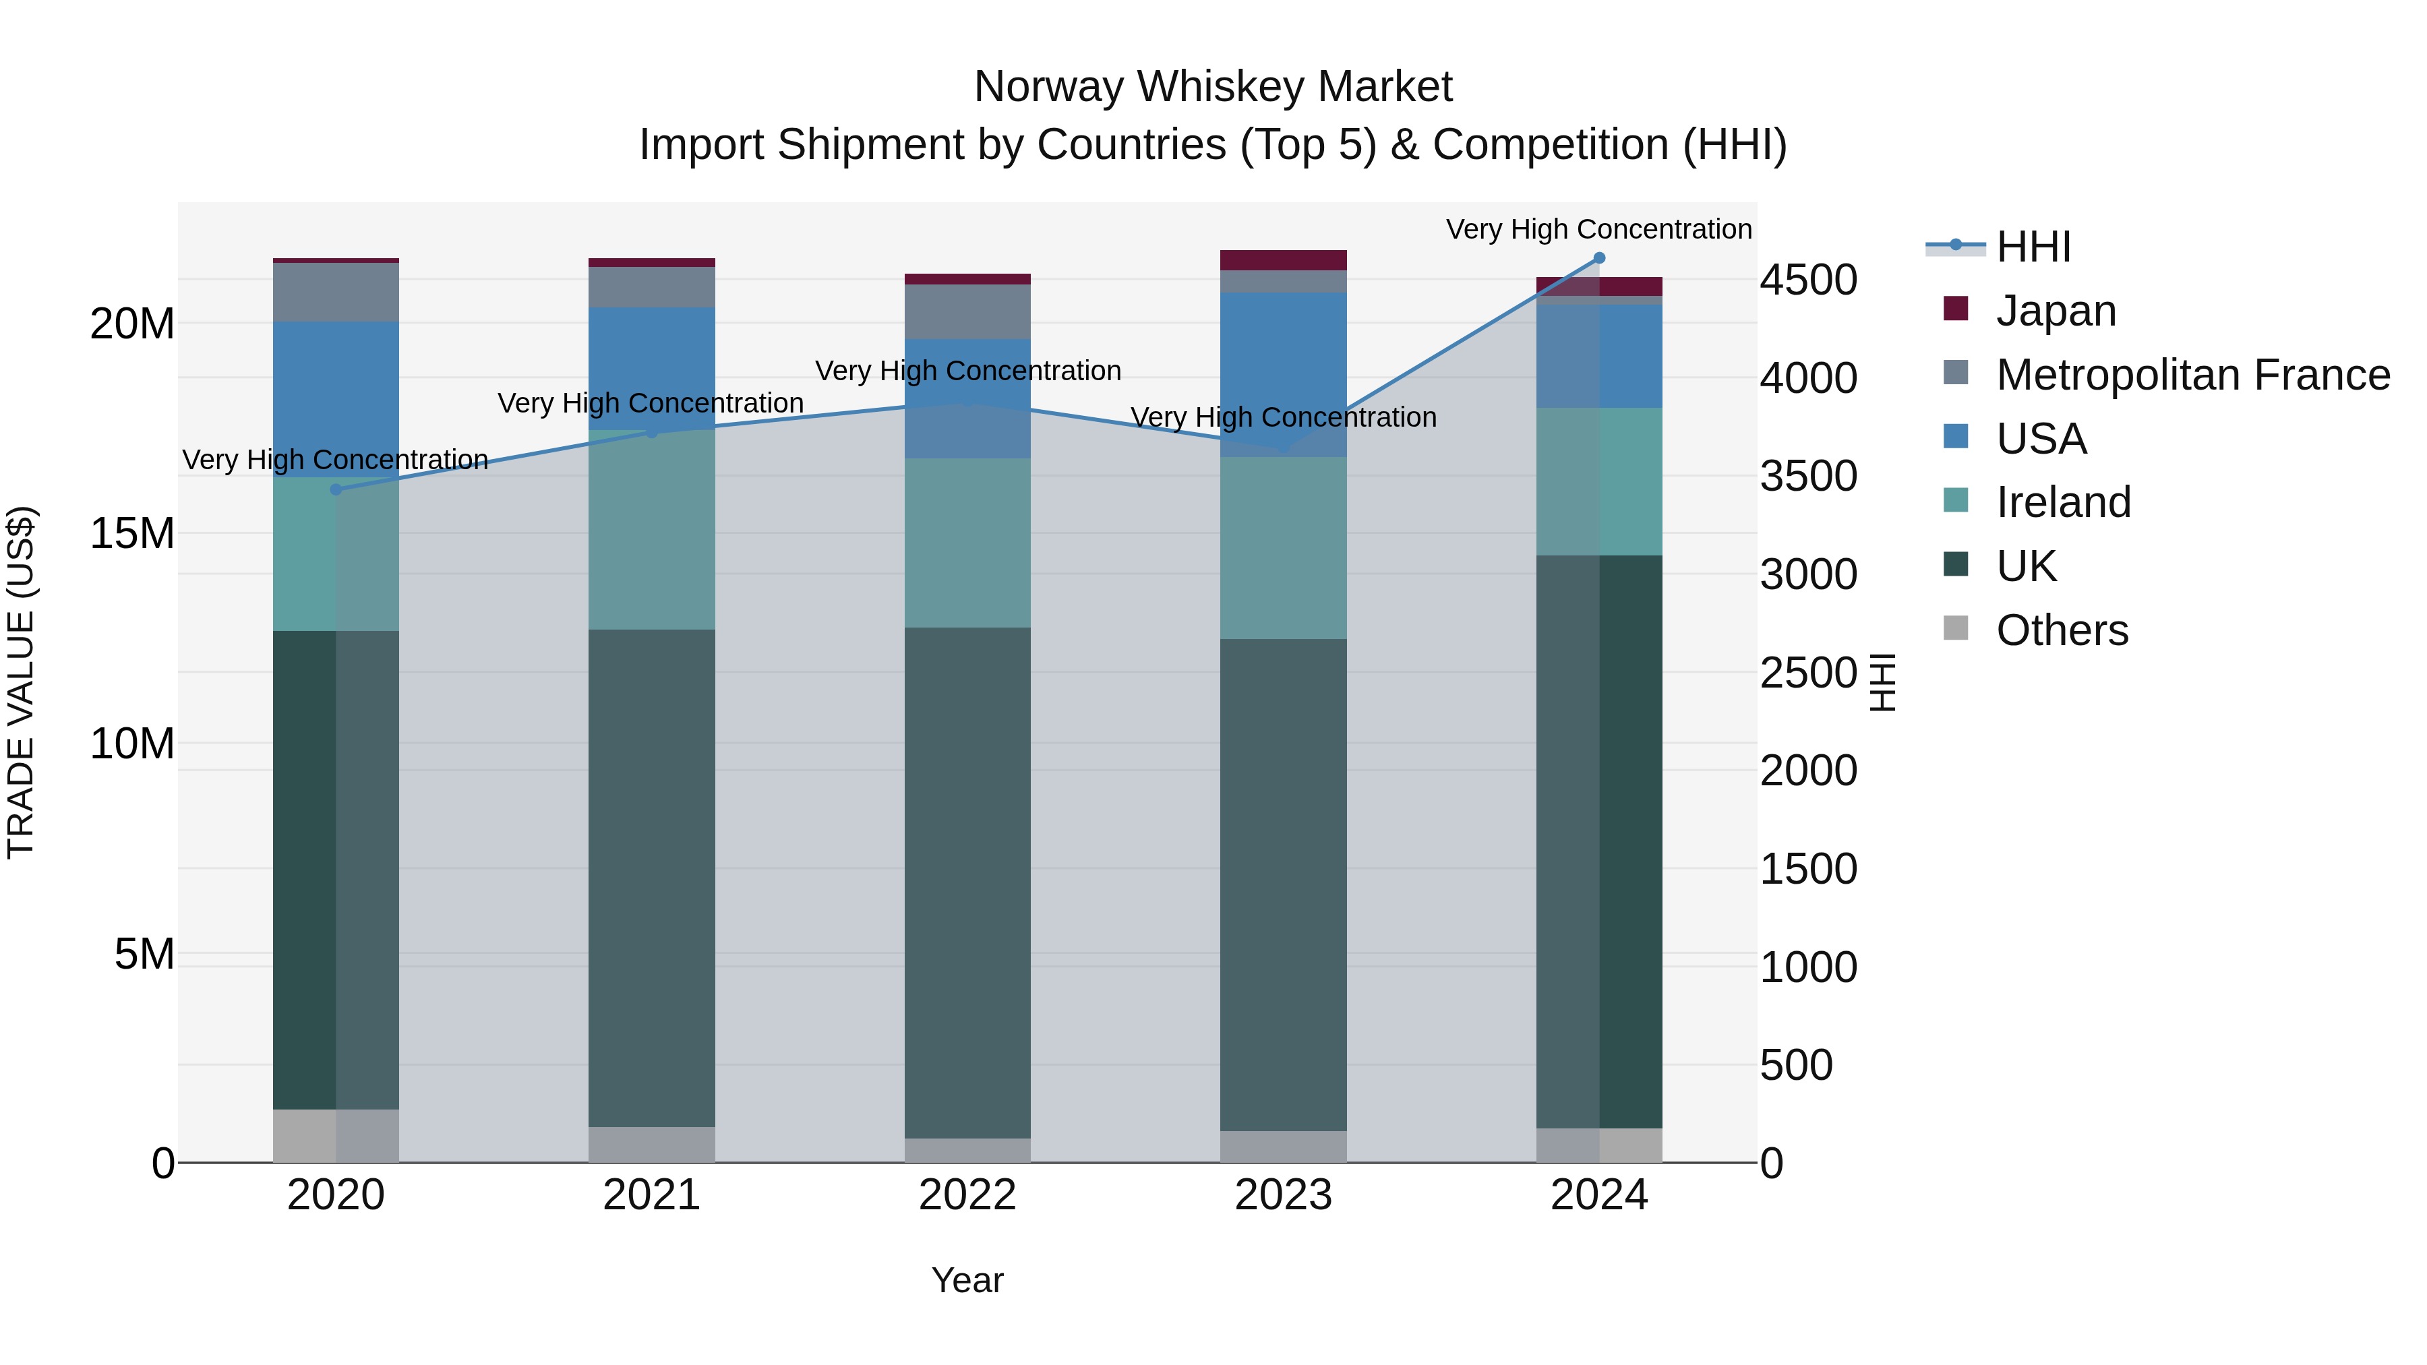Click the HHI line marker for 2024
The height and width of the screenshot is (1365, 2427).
pos(1599,258)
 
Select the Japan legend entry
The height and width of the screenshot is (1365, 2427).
pos(2055,311)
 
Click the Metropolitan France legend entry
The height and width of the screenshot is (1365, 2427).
pos(2192,375)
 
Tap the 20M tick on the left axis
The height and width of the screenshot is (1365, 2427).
pos(132,324)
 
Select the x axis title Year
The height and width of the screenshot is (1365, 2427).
pos(967,1280)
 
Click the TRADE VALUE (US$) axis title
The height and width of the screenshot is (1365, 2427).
pos(21,682)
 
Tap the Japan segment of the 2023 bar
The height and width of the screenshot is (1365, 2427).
pos(1283,260)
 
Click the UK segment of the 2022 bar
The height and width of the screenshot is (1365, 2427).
pos(967,882)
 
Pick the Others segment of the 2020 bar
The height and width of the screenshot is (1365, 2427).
pos(336,1135)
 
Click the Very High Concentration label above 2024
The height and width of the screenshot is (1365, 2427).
pos(1599,229)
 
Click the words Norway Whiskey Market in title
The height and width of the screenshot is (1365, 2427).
pos(1213,87)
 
